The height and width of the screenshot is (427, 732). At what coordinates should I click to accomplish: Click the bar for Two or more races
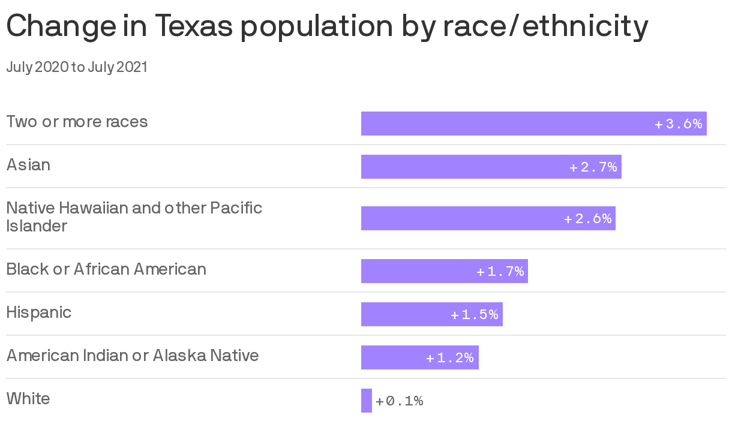pos(504,124)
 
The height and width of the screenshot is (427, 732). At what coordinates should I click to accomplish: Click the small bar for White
pos(367,401)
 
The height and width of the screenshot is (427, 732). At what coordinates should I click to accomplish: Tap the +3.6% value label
pos(679,124)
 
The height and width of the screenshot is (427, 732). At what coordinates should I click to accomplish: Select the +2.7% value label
pos(593,167)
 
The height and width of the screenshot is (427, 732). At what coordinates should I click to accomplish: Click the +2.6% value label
pos(588,219)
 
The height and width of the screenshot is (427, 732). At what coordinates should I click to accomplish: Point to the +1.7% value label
pos(500,272)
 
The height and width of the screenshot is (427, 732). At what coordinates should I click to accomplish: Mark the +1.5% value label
pos(475,315)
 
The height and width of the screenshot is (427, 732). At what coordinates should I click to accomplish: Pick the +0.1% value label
pos(400,401)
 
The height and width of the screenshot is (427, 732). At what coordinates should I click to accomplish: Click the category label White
pos(28,399)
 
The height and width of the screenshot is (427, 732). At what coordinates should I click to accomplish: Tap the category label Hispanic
pos(39,312)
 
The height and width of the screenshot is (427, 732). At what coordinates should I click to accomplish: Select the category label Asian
pos(28,165)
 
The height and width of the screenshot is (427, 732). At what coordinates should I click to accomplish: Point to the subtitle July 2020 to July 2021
pos(77,67)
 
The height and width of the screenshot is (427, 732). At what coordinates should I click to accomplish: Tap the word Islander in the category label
pos(37,226)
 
